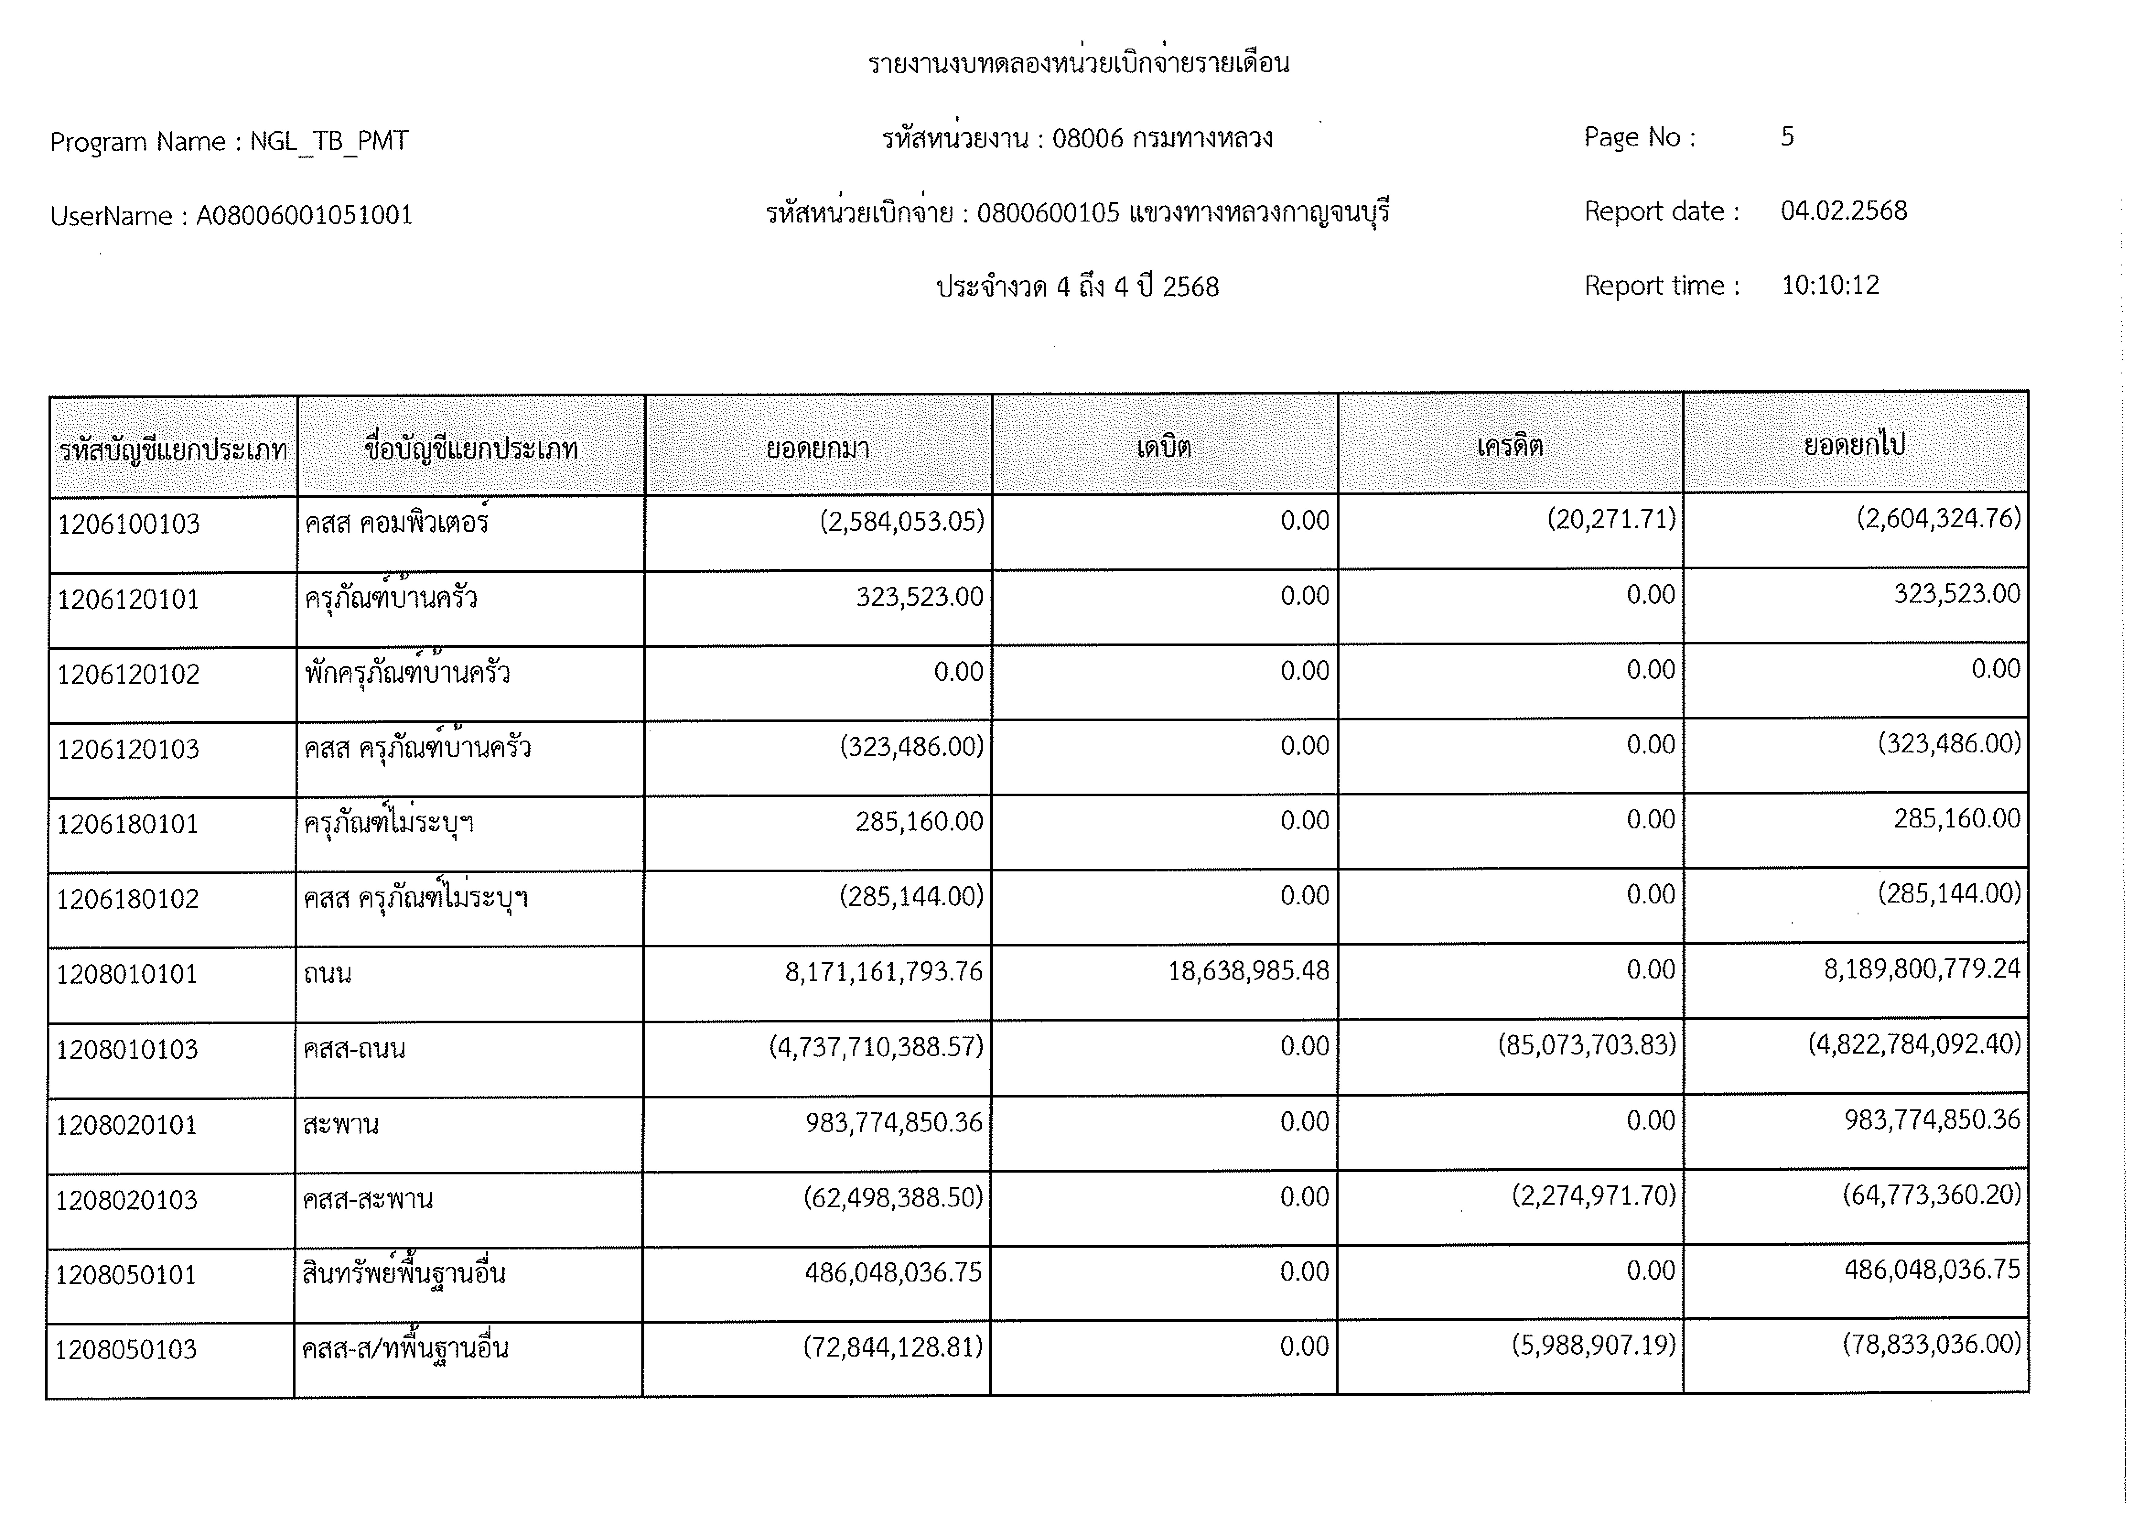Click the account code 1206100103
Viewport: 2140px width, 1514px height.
tap(129, 524)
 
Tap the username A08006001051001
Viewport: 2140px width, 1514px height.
tap(304, 215)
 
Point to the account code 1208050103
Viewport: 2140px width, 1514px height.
tap(126, 1350)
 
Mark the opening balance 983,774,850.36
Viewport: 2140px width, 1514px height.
tap(893, 1123)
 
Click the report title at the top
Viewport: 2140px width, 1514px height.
tap(1078, 63)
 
